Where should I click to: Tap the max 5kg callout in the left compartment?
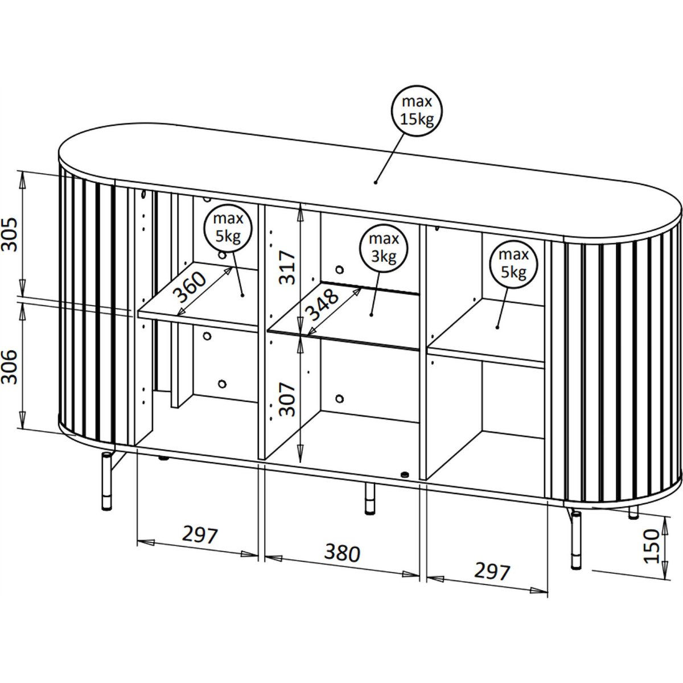[x=228, y=228]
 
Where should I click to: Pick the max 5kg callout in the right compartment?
[x=513, y=263]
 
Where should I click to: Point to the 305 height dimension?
[x=10, y=234]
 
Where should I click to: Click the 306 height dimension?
[x=10, y=367]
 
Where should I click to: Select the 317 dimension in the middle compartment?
[x=286, y=268]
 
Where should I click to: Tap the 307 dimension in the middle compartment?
[x=286, y=399]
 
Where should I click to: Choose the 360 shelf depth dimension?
[x=190, y=287]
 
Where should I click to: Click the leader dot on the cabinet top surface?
[x=375, y=183]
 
